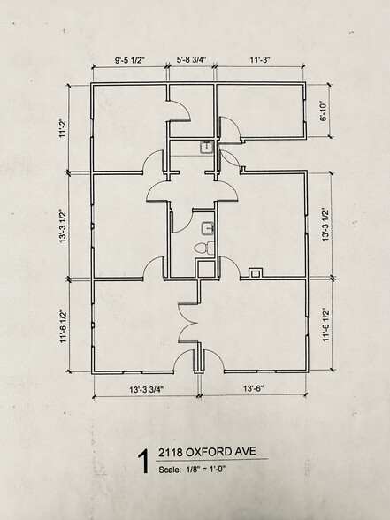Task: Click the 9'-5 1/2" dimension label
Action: [130, 60]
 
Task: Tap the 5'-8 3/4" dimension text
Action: [191, 60]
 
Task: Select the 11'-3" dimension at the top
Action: [260, 60]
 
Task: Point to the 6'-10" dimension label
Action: [324, 111]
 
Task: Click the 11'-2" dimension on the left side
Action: [63, 128]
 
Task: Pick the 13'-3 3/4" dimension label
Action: [147, 390]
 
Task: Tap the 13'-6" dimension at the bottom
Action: [253, 388]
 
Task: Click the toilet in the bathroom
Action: [204, 249]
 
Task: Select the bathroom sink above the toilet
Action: [207, 228]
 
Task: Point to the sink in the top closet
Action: [206, 147]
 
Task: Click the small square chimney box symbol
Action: [256, 273]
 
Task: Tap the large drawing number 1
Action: [144, 462]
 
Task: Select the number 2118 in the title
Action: [171, 453]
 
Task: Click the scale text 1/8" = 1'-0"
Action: [205, 469]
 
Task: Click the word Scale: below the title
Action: [170, 470]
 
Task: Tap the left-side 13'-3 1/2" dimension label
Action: [63, 226]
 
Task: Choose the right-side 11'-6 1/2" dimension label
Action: [326, 325]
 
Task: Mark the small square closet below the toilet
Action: [206, 269]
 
